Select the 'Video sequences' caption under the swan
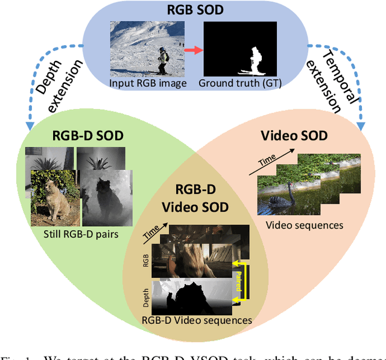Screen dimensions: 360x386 coord(305,225)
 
